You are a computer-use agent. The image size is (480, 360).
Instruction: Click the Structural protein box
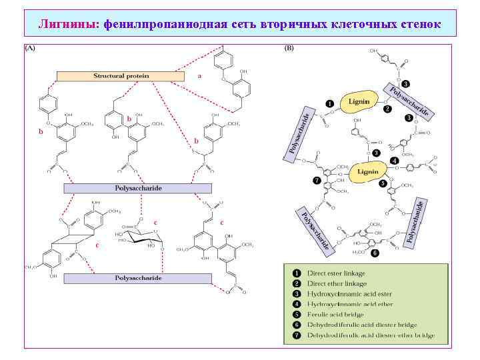121,76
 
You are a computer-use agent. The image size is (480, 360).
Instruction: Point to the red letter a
199,76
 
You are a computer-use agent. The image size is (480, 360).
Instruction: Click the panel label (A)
31,49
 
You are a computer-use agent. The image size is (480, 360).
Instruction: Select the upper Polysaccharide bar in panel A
137,188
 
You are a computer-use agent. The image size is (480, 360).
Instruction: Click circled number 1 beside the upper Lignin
328,103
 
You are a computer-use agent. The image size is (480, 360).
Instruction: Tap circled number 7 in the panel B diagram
316,181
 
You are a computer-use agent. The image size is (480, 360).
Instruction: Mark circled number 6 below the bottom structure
375,253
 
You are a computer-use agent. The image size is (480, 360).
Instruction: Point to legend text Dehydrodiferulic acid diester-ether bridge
371,335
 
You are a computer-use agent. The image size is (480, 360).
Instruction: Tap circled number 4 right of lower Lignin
395,161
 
